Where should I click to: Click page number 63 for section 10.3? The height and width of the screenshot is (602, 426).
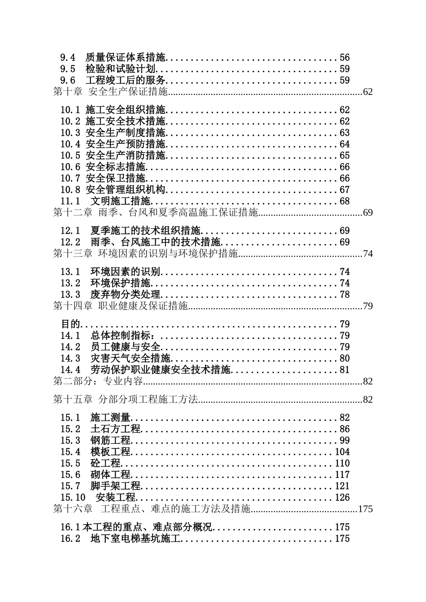[x=344, y=133]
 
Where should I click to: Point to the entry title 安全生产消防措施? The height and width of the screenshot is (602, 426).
[x=126, y=156]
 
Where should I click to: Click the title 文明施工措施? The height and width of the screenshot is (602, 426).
[x=121, y=202]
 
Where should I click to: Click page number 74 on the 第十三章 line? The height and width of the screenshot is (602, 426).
[x=368, y=254]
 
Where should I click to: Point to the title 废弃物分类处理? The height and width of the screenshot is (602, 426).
[x=125, y=295]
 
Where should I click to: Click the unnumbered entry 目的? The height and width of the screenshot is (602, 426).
[x=70, y=324]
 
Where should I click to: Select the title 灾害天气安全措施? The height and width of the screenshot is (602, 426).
[x=130, y=359]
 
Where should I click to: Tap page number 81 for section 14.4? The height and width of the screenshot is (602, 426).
[x=344, y=370]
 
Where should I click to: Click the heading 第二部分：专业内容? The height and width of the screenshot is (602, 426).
[x=97, y=382]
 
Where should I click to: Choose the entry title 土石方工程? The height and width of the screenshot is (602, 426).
[x=115, y=430]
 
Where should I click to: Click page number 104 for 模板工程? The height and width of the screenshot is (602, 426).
[x=342, y=452]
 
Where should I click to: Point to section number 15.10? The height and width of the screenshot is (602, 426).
[x=73, y=498]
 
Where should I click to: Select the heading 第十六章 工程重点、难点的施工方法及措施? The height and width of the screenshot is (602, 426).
[x=152, y=509]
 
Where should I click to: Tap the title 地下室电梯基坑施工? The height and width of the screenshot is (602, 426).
[x=135, y=539]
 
